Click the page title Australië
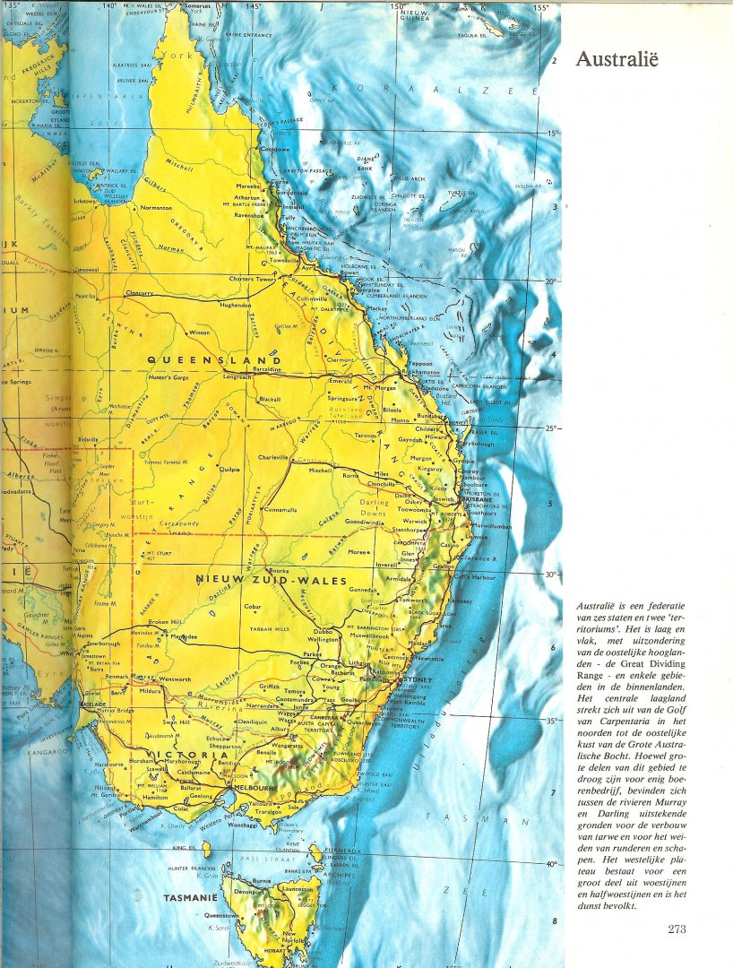pos(617,60)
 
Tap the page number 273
pos(677,929)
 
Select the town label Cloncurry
pos(127,293)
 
